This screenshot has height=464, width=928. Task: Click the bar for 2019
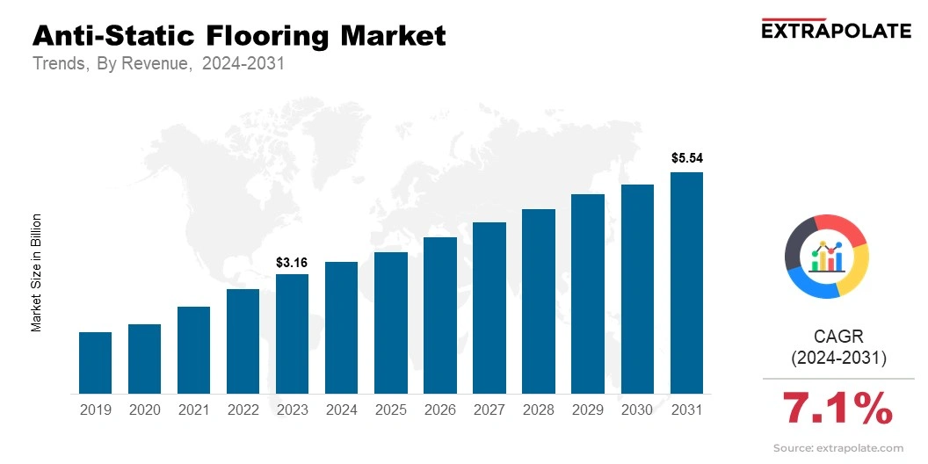coord(95,362)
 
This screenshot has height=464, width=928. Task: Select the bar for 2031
coord(686,282)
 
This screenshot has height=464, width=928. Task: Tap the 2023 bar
coord(292,333)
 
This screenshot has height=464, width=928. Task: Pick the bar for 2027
coord(489,308)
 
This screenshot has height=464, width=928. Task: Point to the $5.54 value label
coord(687,159)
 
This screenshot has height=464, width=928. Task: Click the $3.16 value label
coord(292,262)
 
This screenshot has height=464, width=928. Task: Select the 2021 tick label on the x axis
coord(193,410)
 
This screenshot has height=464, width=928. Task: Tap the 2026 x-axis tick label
coord(439,410)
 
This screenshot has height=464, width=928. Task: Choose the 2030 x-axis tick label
coord(637,410)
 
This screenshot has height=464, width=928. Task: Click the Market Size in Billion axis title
coord(37,272)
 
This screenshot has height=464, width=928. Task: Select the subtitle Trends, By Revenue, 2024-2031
coord(158,64)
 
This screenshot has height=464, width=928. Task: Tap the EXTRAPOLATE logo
coord(836,31)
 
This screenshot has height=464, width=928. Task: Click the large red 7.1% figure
coord(837,409)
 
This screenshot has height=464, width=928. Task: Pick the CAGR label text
coord(837,337)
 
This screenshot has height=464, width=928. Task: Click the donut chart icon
coord(826,256)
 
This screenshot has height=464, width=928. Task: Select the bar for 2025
coord(390,323)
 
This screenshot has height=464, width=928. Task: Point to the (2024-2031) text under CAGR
coord(837,358)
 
